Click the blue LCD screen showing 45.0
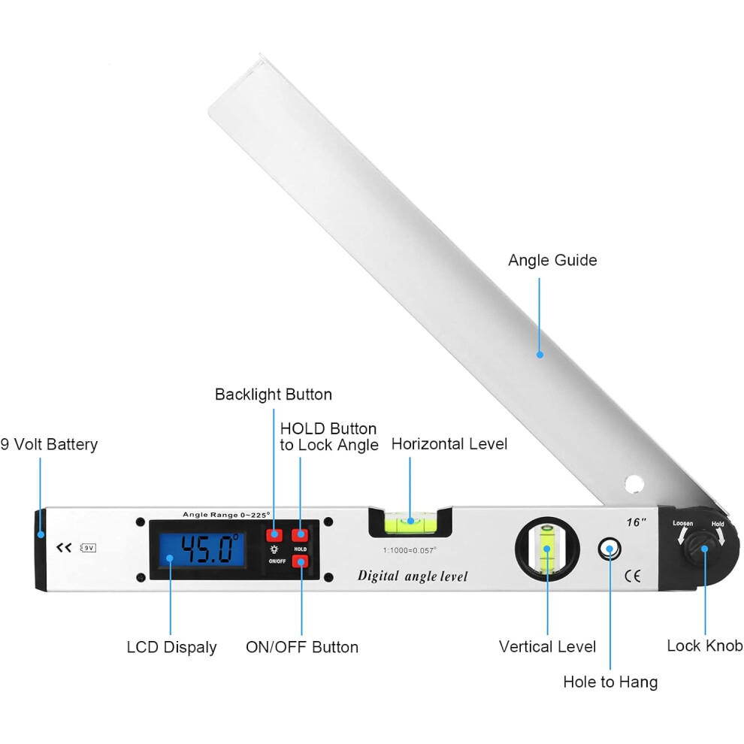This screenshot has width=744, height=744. (x=202, y=550)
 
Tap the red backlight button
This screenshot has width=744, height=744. (x=274, y=535)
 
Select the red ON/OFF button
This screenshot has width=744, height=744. (x=300, y=562)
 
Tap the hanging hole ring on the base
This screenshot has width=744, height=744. (x=609, y=549)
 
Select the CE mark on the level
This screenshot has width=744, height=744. (x=633, y=576)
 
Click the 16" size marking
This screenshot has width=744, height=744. (x=636, y=522)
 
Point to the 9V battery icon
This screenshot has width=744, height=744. (x=89, y=548)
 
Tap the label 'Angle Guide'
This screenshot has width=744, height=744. (x=552, y=260)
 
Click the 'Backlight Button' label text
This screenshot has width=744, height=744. (x=274, y=395)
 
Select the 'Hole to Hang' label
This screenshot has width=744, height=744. (x=610, y=682)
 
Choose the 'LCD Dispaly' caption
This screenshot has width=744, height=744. (x=172, y=648)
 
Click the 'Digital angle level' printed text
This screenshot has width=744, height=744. (x=413, y=576)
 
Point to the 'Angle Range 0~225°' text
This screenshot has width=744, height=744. (x=226, y=515)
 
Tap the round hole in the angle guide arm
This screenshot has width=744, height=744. (x=634, y=484)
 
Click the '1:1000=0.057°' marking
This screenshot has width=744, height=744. (x=410, y=550)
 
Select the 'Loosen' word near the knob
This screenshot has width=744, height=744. (x=683, y=523)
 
